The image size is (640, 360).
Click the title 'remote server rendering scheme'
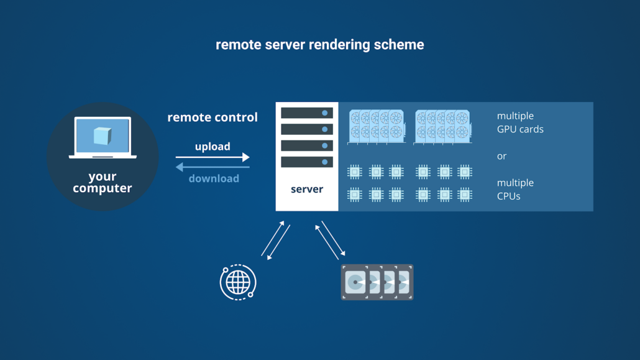319,45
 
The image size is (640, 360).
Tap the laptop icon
103,138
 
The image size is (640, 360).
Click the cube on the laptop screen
103,136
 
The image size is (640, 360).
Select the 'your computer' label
103,182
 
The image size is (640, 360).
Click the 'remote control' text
213,117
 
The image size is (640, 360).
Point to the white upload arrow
213,157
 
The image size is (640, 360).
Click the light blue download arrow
213,167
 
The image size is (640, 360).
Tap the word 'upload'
213,147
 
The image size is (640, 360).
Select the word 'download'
214,178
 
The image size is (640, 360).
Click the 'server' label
307,189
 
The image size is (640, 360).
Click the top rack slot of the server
307,113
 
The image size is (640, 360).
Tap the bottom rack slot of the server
307,162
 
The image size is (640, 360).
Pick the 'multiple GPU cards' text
520,122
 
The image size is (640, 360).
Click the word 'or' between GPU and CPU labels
502,156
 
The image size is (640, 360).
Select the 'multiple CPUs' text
515,189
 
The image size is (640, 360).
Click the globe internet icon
238,282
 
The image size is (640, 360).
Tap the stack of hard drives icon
377,282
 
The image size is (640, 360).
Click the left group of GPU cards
377,126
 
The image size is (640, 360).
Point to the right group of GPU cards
443,126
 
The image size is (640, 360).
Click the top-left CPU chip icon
354,172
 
